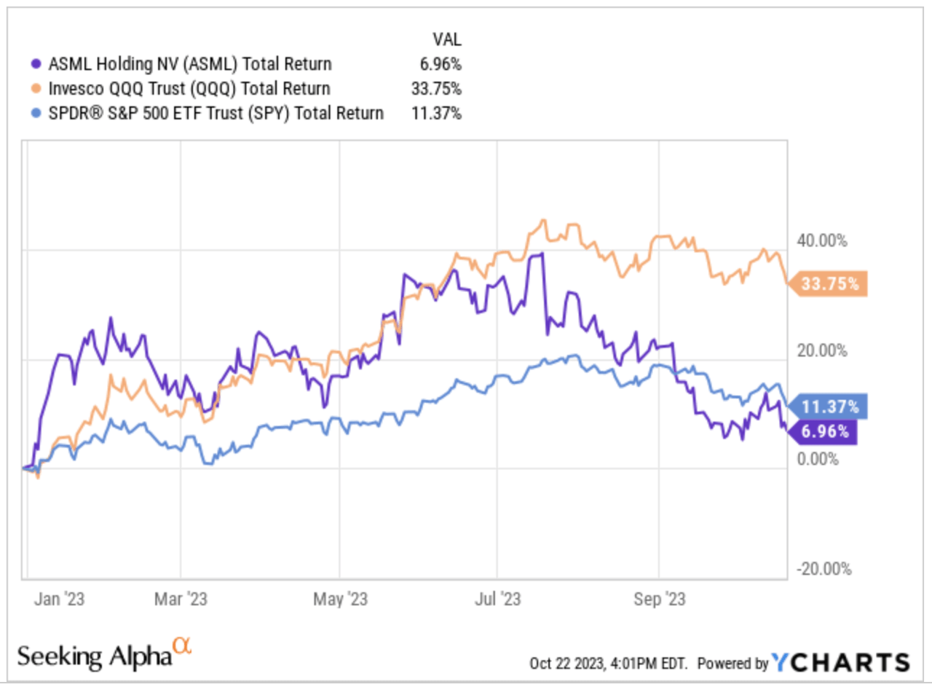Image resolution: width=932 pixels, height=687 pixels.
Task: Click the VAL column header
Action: [446, 39]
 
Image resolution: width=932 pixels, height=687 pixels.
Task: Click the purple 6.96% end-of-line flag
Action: [826, 432]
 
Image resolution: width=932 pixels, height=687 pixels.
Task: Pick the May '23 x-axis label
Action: [339, 600]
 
